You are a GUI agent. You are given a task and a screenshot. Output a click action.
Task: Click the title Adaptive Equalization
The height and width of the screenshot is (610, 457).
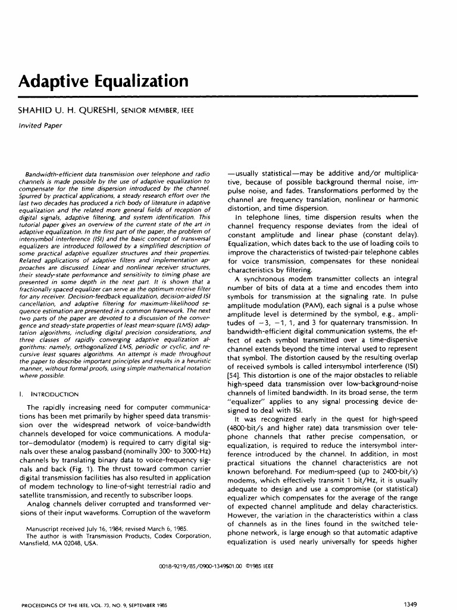click(x=104, y=81)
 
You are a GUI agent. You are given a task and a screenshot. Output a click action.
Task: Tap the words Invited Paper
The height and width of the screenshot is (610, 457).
click(x=40, y=126)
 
